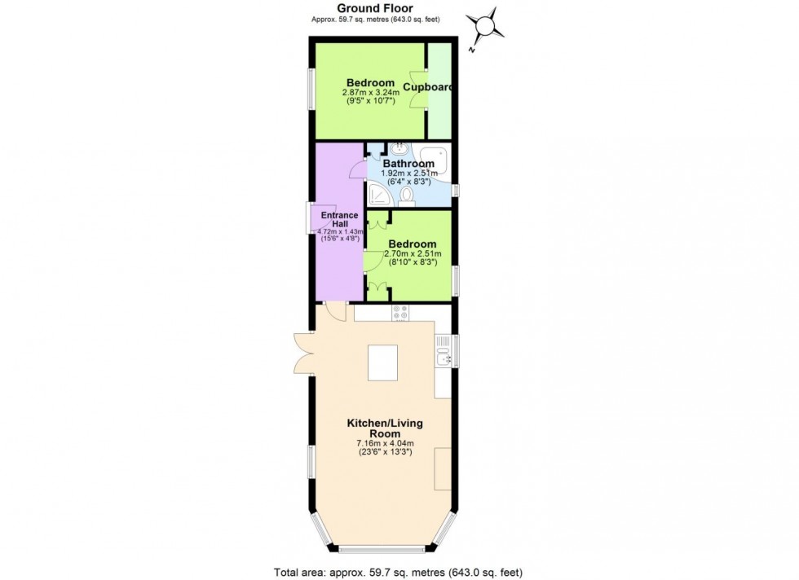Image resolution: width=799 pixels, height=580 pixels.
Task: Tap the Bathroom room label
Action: [411, 163]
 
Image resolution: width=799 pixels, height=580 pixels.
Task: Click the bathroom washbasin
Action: [400, 149]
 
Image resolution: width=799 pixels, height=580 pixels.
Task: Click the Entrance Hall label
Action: [338, 220]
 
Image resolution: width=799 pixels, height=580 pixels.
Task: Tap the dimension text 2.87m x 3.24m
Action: [371, 93]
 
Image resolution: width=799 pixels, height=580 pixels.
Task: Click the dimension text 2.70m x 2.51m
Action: [413, 254]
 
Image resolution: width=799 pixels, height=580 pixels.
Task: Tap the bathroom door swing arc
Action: [355, 169]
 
